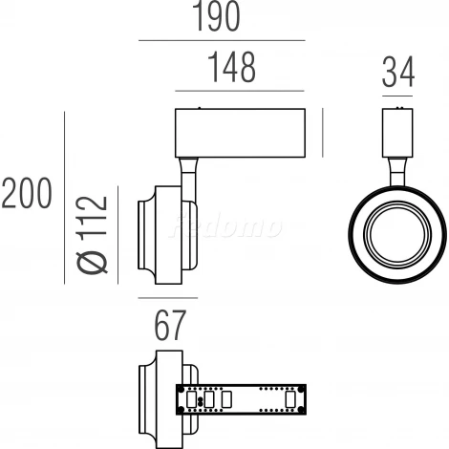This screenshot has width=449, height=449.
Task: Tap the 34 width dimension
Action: point(398,74)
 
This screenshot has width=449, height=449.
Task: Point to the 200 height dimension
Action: point(26,194)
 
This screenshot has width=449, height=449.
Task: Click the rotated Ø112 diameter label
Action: point(93,234)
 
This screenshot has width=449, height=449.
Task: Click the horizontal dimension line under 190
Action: point(222,41)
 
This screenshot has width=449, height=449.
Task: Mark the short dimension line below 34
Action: point(398,96)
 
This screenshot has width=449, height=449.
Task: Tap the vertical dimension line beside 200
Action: point(64,197)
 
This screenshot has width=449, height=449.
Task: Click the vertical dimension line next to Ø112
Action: point(118,233)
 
